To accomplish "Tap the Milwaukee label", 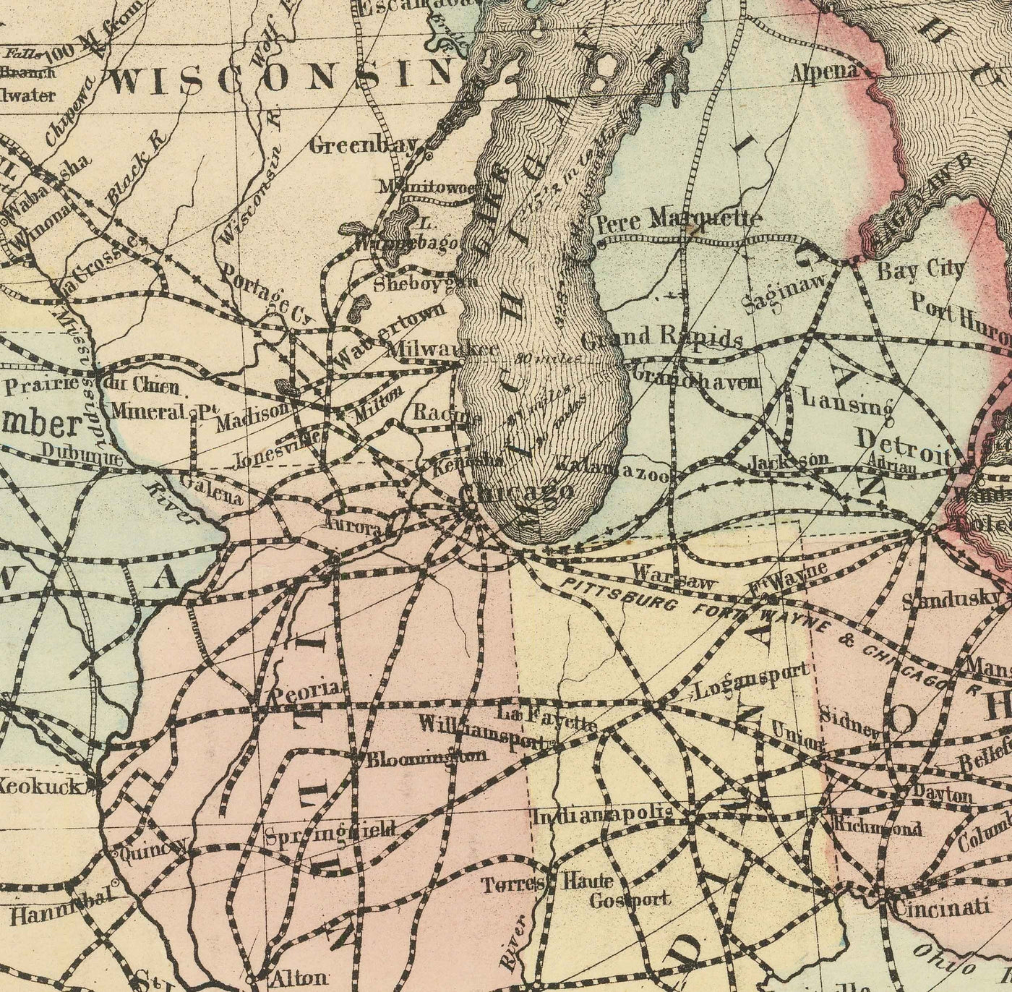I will (442, 349).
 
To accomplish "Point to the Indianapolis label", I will (604, 816).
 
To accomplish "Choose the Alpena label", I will (823, 71).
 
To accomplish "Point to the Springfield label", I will (330, 831).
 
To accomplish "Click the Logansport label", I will (752, 680).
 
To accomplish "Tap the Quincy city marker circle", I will (115, 854).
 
